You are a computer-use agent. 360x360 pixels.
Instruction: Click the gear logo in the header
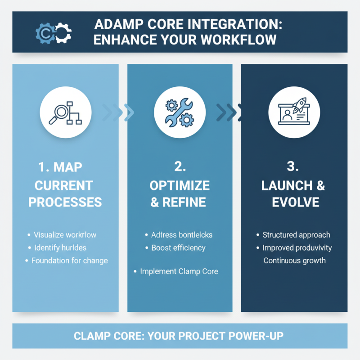(x=54, y=32)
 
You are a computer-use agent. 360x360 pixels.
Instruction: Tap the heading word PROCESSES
(x=65, y=202)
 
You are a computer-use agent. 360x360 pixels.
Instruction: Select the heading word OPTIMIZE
(x=180, y=185)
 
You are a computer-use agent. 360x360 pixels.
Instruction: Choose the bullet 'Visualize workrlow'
(x=68, y=235)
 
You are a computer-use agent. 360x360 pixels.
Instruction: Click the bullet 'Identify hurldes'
(x=63, y=247)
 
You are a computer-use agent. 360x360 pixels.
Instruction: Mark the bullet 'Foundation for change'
(x=69, y=261)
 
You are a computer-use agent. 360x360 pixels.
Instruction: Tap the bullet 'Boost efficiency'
(x=178, y=247)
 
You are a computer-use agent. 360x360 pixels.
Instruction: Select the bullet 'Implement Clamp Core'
(x=179, y=271)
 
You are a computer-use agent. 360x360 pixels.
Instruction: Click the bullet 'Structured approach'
(x=296, y=235)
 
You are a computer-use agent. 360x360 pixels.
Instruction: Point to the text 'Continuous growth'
(x=294, y=261)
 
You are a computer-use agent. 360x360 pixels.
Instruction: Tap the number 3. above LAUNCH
(x=293, y=167)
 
